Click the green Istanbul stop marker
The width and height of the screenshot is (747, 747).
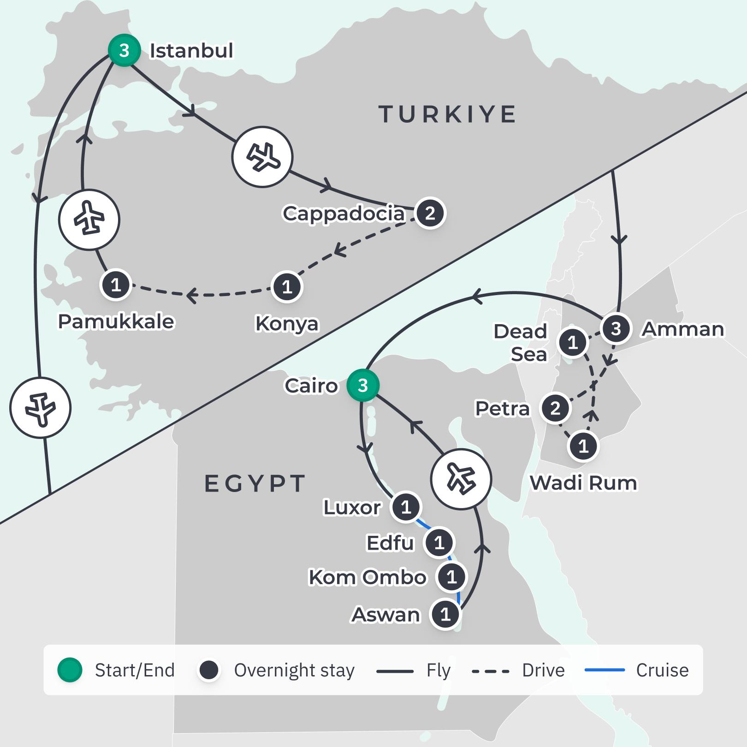[124, 50]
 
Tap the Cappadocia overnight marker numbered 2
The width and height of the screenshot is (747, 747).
[430, 213]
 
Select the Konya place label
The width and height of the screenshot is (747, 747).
[287, 323]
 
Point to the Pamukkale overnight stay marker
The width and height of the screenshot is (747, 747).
[116, 285]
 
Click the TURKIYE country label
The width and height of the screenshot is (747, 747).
[447, 114]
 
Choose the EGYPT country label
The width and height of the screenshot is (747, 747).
[255, 484]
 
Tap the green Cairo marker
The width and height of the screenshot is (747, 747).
[363, 385]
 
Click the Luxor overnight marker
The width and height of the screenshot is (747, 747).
[406, 507]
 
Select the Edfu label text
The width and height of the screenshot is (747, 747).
[390, 543]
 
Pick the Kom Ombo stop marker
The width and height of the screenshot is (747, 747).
[451, 577]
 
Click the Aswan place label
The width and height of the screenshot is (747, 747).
[386, 615]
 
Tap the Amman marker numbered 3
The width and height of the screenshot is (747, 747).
[616, 329]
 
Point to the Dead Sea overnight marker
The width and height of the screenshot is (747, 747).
[573, 343]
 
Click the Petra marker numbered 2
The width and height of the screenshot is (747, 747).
[555, 408]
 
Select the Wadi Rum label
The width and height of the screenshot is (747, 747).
[583, 483]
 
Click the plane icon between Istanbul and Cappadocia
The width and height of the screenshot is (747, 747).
[262, 157]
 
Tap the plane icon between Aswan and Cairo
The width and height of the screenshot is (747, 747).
[461, 479]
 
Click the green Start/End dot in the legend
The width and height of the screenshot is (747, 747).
[70, 670]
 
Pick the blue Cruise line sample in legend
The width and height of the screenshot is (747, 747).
[605, 670]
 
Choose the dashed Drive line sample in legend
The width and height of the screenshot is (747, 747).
[491, 671]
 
